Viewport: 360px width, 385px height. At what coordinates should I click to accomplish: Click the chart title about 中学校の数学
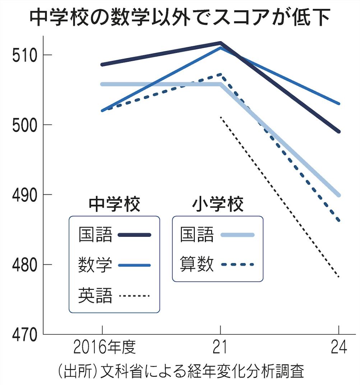[180, 17]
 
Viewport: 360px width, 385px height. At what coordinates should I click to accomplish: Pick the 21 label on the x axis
[220, 348]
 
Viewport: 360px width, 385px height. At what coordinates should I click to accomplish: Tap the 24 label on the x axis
[339, 348]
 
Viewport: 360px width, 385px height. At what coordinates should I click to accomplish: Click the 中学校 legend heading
[114, 204]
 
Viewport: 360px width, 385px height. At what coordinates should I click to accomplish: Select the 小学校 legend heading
[218, 204]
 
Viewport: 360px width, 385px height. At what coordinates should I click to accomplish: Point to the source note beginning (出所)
[180, 371]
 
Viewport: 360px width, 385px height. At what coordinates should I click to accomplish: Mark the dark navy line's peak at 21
[220, 43]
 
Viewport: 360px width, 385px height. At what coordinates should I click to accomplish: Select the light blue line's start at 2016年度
[102, 84]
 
